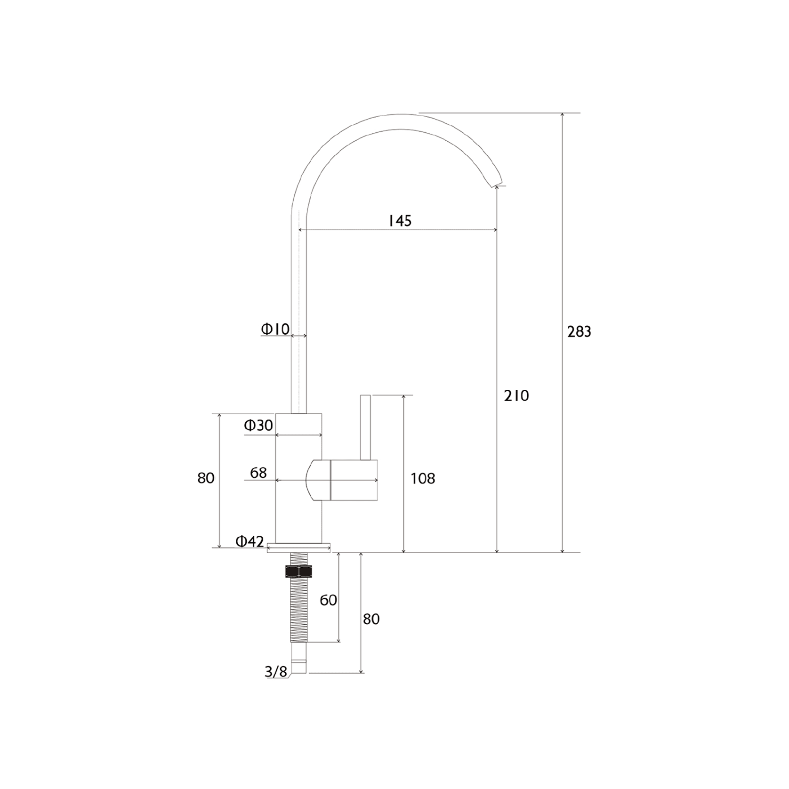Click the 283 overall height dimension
click(579, 332)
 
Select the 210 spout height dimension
click(516, 396)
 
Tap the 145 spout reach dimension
click(400, 220)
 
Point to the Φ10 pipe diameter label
click(275, 329)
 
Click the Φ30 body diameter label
click(258, 426)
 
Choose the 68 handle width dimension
click(258, 472)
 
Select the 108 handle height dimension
click(423, 479)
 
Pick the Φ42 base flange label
click(250, 541)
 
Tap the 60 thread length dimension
click(328, 600)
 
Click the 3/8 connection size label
click(276, 672)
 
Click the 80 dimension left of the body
click(206, 478)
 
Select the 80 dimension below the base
click(371, 619)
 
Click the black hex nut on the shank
click(299, 571)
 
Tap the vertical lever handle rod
click(365, 427)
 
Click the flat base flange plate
click(298, 547)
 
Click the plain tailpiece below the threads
click(299, 657)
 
